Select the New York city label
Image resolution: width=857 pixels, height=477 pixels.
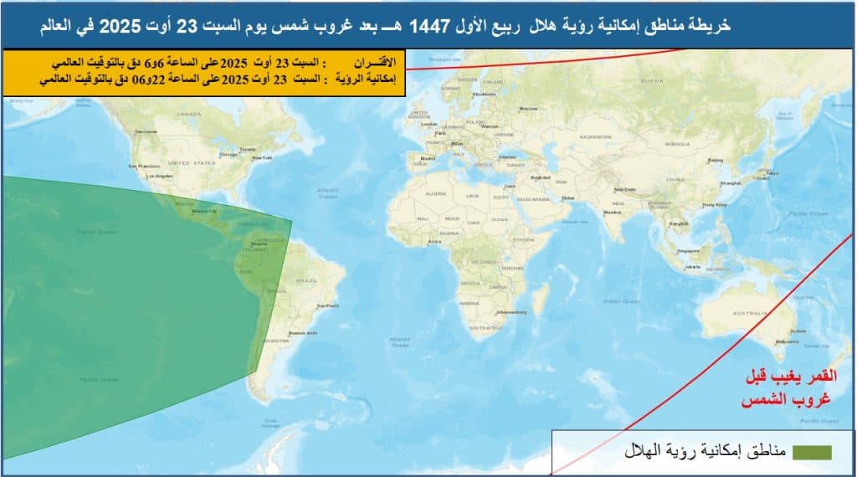262,158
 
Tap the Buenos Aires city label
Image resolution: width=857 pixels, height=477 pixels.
302,333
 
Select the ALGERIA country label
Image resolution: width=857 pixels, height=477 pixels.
438,193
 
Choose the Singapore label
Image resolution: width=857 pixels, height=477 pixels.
689,249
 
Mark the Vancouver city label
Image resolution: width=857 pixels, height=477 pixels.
146,131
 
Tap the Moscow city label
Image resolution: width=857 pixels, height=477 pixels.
528,109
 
